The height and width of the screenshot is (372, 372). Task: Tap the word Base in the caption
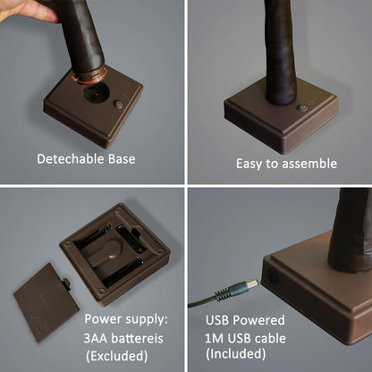pos(122,159)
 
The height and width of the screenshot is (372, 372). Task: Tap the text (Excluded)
pos(116,356)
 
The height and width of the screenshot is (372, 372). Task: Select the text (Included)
pos(235,354)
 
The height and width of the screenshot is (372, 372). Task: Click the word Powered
pos(258,320)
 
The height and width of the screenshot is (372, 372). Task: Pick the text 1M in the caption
pos(214,338)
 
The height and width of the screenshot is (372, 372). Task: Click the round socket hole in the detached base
pos(95,92)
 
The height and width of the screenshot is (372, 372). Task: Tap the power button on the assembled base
pos(302,108)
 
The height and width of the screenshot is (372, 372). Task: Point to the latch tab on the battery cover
pos(66,284)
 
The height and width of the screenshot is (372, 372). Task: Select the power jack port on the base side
pos(272,276)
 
